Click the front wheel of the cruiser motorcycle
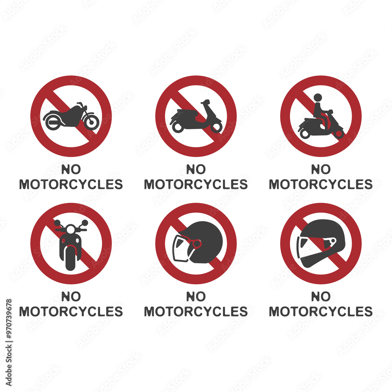point(91,122)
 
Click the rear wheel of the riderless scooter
point(178,127)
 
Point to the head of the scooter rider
point(318,98)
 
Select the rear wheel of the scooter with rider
point(305,133)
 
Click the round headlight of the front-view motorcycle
point(71,229)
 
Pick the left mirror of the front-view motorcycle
point(57,223)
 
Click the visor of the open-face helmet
point(181,248)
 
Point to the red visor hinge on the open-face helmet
point(197,244)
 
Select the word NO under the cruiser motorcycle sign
point(71,169)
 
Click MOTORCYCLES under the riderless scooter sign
point(196,184)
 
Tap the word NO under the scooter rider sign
point(321,169)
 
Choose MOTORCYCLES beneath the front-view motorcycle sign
point(71,312)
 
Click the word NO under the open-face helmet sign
point(196,296)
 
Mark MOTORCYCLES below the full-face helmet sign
point(321,312)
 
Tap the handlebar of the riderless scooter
point(205,102)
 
